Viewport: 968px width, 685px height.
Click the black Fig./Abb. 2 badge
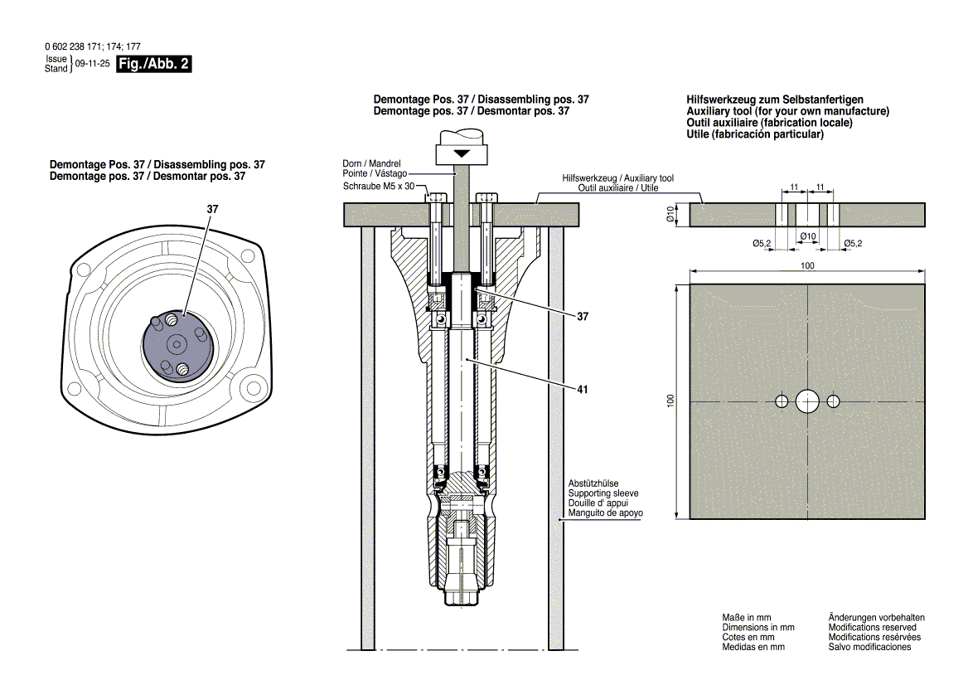(155, 65)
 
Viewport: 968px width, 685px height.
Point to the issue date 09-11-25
(91, 64)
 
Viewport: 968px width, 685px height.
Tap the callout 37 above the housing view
(212, 210)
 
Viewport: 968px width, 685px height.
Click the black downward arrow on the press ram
(462, 154)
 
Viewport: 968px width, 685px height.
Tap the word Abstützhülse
(593, 483)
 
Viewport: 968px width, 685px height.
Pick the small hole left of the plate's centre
(782, 401)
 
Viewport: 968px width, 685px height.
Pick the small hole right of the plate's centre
(833, 401)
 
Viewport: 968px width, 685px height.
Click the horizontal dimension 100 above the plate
(807, 265)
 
